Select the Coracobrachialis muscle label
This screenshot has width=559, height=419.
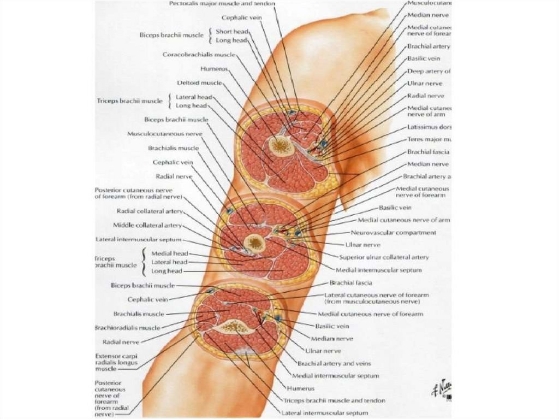pyautogui.click(x=199, y=55)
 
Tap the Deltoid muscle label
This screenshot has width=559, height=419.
pyautogui.click(x=199, y=83)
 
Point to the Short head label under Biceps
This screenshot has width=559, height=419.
pyautogui.click(x=232, y=32)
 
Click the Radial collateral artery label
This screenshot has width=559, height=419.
pyautogui.click(x=149, y=211)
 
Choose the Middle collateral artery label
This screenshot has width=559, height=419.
pyautogui.click(x=147, y=225)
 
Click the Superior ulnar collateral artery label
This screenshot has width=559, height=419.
pyautogui.click(x=384, y=257)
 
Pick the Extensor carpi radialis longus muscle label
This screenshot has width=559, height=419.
pyautogui.click(x=116, y=362)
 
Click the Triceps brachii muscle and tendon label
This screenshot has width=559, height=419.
pyautogui.click(x=334, y=400)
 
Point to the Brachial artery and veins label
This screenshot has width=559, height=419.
pyautogui.click(x=334, y=363)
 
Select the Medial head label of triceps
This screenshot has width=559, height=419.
pyautogui.click(x=170, y=253)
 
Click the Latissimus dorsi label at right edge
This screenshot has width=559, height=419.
pyautogui.click(x=429, y=127)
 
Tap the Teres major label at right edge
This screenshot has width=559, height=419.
pyautogui.click(x=429, y=139)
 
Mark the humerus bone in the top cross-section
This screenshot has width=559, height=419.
pyautogui.click(x=281, y=145)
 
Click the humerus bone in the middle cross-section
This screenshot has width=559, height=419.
pyautogui.click(x=254, y=243)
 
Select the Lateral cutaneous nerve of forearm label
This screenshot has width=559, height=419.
pyautogui.click(x=376, y=298)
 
